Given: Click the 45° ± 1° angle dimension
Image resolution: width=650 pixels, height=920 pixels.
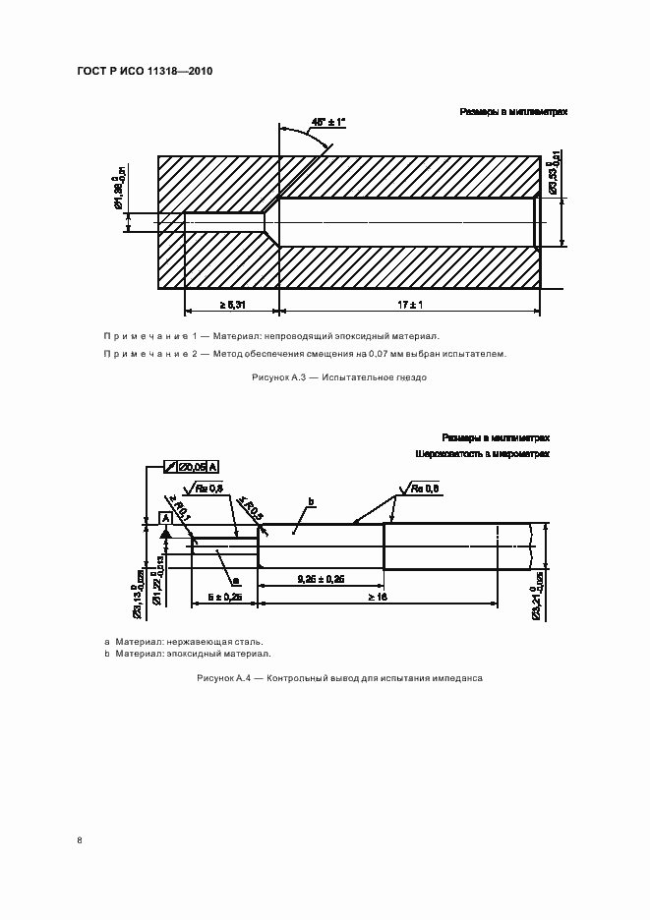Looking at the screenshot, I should pos(329,122).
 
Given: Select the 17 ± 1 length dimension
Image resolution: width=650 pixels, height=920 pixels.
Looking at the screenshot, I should pos(411,306).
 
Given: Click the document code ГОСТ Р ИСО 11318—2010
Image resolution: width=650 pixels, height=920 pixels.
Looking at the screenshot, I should pos(145,72).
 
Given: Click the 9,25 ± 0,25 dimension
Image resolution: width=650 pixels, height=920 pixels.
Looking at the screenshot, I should pos(321,579).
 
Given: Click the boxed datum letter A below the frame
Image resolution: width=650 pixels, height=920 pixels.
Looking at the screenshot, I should pos(165,517).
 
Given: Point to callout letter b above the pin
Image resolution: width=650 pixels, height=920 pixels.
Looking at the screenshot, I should pos(310,502).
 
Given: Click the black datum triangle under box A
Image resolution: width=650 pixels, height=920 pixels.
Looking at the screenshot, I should pos(166,532).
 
